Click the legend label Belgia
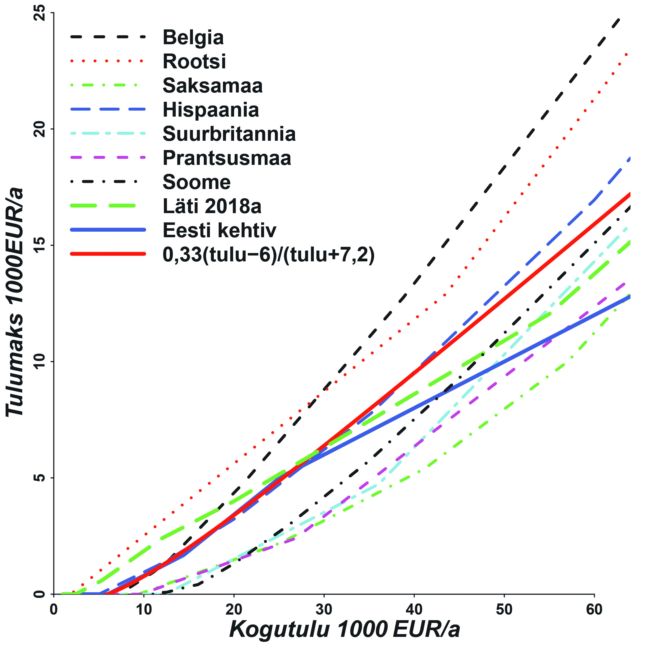[x=193, y=38]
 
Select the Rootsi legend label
[x=194, y=62]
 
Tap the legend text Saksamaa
[x=212, y=86]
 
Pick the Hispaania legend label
[x=211, y=110]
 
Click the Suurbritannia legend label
[x=229, y=134]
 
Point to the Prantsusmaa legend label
[x=227, y=158]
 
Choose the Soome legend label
[x=197, y=182]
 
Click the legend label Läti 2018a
[x=212, y=206]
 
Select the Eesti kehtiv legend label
[x=219, y=230]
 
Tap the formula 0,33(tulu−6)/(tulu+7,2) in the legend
[x=268, y=255]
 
